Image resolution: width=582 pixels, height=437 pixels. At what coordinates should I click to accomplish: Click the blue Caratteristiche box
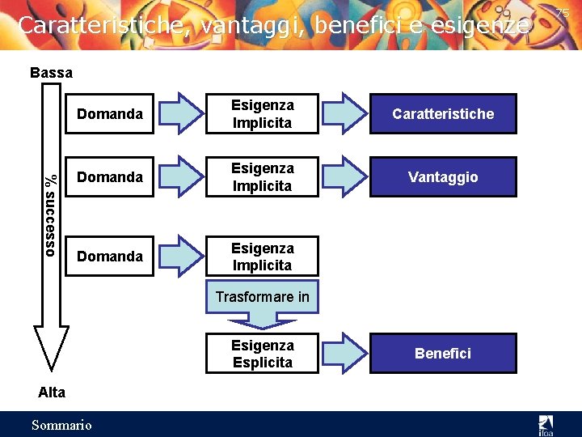443,114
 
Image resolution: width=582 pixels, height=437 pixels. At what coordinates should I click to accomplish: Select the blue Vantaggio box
443,177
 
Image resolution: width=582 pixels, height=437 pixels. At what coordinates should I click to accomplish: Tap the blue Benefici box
443,354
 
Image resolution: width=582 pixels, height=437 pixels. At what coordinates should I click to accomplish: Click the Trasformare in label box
262,297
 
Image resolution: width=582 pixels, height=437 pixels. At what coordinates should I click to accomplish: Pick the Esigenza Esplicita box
262,354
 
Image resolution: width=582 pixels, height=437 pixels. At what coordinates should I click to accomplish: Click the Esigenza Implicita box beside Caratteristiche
262,114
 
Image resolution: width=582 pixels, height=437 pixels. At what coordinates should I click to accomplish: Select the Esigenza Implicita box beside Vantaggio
262,177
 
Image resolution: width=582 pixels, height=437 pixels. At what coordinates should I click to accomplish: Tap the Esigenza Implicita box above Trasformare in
262,257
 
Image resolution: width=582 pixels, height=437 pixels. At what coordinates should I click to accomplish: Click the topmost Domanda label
109,114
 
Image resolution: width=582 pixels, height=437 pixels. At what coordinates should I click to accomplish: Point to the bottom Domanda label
109,257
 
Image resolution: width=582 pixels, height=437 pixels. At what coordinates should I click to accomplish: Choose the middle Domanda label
109,177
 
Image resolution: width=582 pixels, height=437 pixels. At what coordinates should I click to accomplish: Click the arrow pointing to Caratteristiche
347,113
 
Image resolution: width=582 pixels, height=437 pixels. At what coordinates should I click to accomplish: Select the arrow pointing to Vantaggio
347,176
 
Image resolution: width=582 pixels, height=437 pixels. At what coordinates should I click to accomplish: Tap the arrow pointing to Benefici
347,353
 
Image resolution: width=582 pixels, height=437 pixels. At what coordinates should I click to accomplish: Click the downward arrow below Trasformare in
262,321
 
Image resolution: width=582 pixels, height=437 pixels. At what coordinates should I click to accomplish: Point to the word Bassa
51,73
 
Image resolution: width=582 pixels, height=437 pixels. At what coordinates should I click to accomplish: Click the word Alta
52,392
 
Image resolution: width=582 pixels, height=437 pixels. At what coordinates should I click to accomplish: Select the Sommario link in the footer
61,425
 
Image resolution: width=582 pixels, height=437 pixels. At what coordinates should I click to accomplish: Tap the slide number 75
563,12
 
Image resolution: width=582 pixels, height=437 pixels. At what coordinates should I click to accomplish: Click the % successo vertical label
50,215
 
